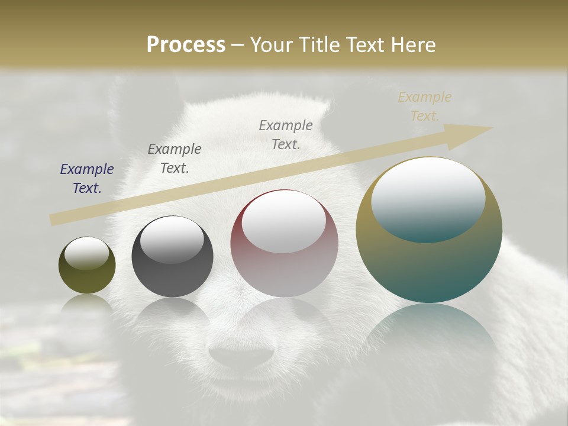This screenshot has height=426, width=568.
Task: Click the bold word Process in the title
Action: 186,44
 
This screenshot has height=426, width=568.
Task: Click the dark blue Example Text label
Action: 87,179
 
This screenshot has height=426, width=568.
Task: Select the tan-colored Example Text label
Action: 425,106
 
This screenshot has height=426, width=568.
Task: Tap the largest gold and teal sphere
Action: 429,260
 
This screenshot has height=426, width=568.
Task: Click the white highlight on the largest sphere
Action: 428,198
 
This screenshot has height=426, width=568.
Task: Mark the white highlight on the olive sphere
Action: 87,253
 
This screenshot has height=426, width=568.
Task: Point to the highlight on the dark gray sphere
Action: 172,238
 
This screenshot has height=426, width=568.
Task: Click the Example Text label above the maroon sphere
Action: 286,134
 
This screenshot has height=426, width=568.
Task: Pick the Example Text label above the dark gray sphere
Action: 175,158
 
